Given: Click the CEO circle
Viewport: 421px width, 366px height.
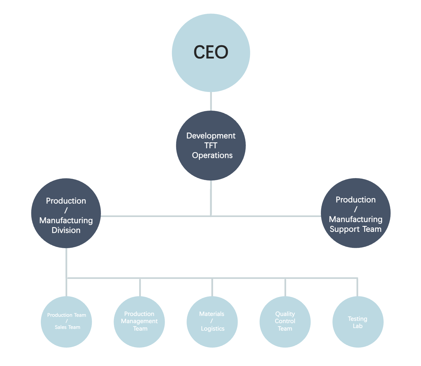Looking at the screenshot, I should point(211,53).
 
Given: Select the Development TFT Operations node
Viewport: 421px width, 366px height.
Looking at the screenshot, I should point(211,146).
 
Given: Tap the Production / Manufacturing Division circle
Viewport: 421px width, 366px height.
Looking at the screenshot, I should point(66,213).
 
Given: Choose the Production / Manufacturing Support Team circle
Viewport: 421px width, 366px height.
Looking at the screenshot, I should point(356,213).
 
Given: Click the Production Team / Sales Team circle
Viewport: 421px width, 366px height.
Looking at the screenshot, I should point(66,322).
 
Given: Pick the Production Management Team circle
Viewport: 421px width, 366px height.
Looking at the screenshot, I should point(139,322).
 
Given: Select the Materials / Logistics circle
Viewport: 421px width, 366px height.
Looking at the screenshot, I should point(212,322).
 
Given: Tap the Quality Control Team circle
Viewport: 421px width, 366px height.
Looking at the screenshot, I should point(285,322).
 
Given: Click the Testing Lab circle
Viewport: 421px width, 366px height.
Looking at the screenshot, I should point(358,322).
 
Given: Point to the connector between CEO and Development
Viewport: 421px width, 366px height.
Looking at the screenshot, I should point(211,101).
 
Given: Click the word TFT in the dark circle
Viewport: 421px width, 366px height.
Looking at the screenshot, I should point(211,146).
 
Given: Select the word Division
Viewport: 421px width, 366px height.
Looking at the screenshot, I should point(66,230).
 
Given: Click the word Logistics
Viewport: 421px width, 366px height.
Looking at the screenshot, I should point(213,329).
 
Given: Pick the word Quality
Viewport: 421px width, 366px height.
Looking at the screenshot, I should point(285,314).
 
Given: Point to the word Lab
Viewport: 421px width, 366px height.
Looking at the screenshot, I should point(357,326).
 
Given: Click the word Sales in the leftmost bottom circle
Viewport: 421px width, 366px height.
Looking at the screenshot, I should point(61,327).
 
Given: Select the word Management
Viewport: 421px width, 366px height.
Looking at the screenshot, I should point(139,321).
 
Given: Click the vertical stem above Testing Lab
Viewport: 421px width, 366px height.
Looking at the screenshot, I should point(357,287).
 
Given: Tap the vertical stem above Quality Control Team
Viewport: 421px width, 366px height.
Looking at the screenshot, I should point(285,287).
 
